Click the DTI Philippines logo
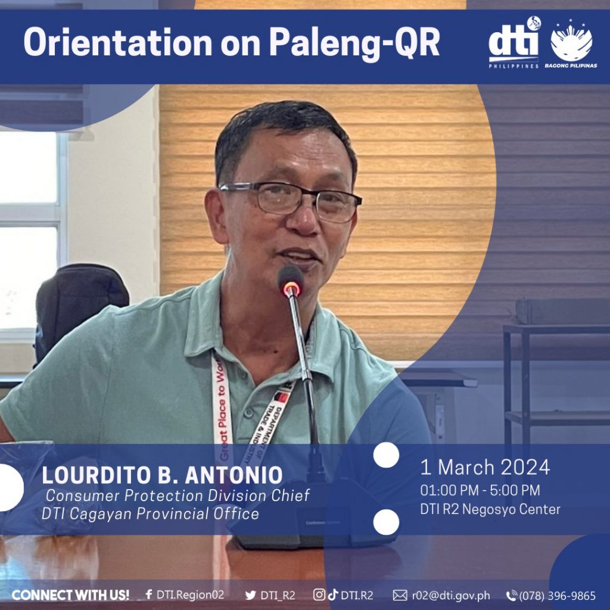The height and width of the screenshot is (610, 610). coord(514,42)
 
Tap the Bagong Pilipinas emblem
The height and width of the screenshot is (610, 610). coord(571,43)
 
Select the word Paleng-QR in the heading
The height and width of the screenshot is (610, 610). coord(354,43)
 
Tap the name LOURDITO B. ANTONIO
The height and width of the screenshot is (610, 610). coord(162,475)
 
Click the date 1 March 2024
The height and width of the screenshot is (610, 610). coord(485,467)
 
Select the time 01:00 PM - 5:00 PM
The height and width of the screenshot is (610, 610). coord(480,490)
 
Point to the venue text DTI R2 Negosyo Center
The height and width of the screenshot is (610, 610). coord(490,509)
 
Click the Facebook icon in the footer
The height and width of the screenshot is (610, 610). coord(148,595)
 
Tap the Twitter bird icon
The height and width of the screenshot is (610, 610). coord(251,595)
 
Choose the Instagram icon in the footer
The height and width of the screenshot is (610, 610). coord(319,595)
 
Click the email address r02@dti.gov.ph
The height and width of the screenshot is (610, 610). coord(451,596)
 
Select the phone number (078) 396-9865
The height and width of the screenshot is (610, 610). coord(557,596)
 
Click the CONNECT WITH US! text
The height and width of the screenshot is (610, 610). coord(70,595)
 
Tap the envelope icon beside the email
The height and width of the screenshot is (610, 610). coord(400,595)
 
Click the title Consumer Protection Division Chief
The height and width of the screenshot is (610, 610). coord(178,496)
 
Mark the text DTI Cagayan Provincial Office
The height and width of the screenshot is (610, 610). coord(150,513)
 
